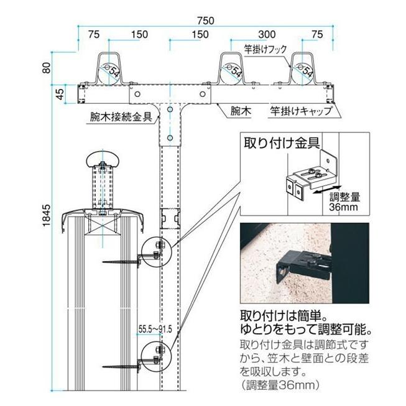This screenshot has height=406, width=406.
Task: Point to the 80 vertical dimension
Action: point(45,67)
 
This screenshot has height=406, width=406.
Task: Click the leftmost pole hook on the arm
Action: point(109,70)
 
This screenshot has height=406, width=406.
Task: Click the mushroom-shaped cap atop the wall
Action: point(102,159)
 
